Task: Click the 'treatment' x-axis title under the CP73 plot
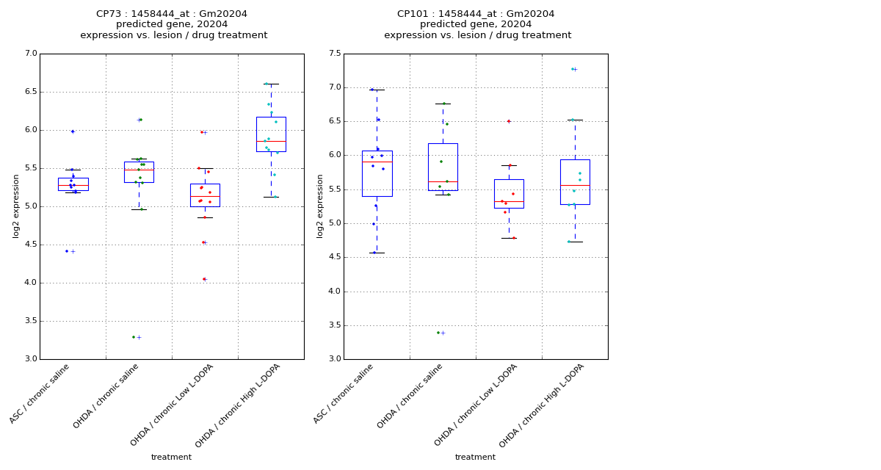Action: coord(171,457)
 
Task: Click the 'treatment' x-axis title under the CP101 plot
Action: coord(475,457)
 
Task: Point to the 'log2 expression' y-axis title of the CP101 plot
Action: coord(320,206)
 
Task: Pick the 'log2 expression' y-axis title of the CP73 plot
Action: coord(16,206)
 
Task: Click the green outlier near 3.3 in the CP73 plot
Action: coord(134,337)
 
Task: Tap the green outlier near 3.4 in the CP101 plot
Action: coord(438,333)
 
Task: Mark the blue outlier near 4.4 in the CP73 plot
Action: coord(67,251)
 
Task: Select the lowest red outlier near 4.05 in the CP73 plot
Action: coord(204,279)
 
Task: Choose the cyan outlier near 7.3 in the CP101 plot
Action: coord(572,69)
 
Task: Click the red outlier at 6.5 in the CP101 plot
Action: coord(508,121)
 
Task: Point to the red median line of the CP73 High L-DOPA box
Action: coord(271,141)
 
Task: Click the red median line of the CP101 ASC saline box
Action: coord(377,162)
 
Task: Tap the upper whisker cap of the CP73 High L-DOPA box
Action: coord(271,84)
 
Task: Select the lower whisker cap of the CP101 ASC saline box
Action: coord(377,253)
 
